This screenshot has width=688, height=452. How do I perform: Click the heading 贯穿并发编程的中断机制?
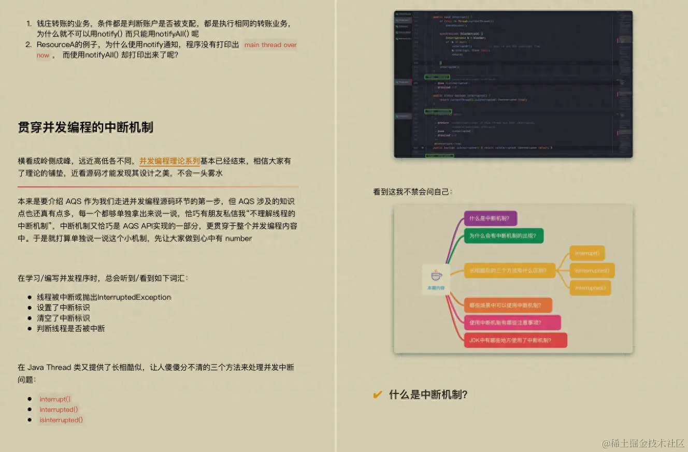[85, 127]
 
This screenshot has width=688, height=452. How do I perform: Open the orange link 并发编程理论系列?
[169, 161]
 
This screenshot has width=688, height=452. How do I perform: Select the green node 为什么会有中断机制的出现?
[503, 236]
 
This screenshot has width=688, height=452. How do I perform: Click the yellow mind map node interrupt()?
[587, 254]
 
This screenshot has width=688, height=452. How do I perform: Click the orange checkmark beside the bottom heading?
[378, 395]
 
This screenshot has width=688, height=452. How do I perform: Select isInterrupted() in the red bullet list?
[61, 420]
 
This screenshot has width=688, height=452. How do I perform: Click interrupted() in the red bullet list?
[59, 410]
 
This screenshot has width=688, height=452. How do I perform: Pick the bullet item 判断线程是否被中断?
[70, 328]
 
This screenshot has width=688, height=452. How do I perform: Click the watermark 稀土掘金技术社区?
[643, 443]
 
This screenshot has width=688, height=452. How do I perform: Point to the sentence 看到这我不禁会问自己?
[412, 192]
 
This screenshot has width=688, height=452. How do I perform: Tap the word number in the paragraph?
[238, 239]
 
